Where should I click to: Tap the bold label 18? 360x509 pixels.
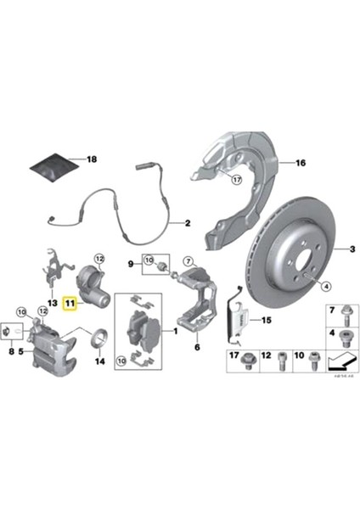click(92, 159)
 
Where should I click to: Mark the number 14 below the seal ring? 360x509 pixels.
click(99, 361)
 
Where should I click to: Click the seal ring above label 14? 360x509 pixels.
click(98, 342)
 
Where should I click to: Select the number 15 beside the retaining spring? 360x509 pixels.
click(266, 320)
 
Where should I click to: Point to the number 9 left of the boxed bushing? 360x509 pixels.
click(131, 265)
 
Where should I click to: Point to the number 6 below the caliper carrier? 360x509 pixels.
click(196, 347)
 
